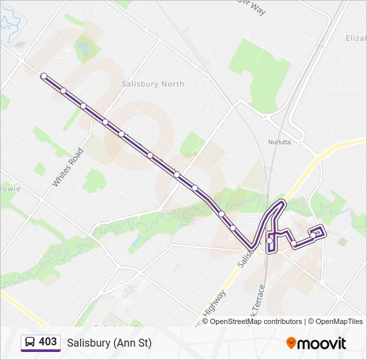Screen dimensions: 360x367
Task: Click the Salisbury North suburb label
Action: point(153,84)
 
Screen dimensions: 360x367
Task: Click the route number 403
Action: point(47,342)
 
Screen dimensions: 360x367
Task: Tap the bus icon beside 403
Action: point(29,343)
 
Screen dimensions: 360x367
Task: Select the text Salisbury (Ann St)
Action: point(109,343)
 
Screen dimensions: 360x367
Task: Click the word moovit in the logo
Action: point(322,343)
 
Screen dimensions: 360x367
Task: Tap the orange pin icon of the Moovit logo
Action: point(292,343)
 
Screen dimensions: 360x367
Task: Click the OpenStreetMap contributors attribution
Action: point(256,321)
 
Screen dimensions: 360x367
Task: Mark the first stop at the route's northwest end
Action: point(44,76)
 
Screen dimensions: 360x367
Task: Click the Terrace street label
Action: point(257,297)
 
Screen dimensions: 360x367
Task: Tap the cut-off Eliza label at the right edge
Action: point(356,39)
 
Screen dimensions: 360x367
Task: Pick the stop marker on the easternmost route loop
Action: point(313,235)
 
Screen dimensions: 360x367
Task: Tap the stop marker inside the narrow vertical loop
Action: point(270,239)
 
